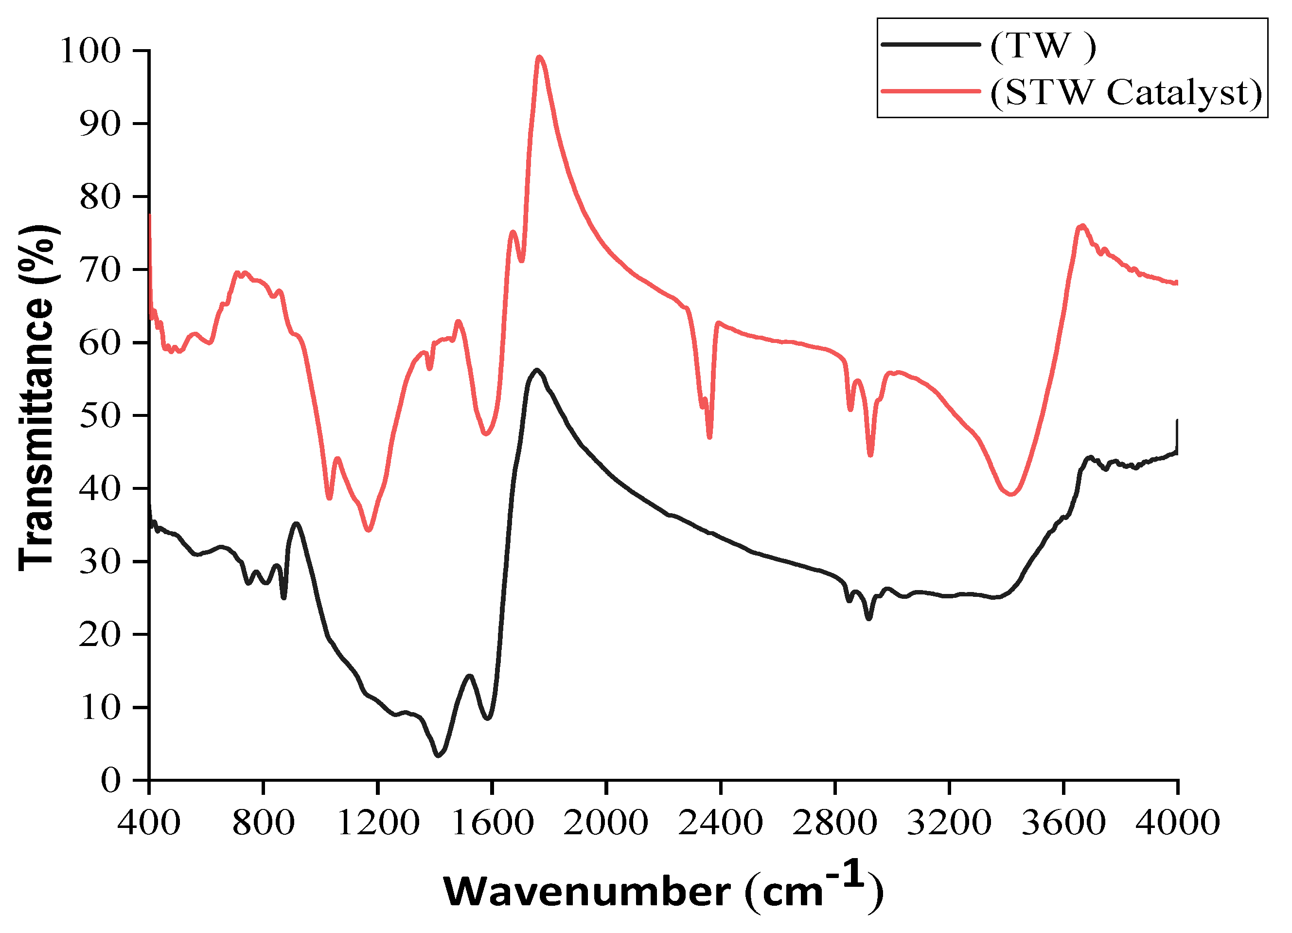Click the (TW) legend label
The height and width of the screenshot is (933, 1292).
pyautogui.click(x=1043, y=46)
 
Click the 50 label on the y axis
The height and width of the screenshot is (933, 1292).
pyautogui.click(x=100, y=415)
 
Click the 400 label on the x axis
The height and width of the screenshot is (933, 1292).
pyautogui.click(x=149, y=823)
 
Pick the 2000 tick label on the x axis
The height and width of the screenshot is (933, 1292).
pyautogui.click(x=606, y=823)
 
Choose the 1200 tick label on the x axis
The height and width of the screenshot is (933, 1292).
pyautogui.click(x=378, y=823)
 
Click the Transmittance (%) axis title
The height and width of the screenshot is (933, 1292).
pyautogui.click(x=37, y=398)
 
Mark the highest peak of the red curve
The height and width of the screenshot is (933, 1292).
pyautogui.click(x=539, y=57)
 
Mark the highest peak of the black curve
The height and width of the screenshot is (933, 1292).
pyautogui.click(x=536, y=370)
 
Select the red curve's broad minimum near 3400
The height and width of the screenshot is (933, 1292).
pyautogui.click(x=1010, y=494)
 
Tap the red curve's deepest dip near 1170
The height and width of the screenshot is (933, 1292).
pyautogui.click(x=369, y=530)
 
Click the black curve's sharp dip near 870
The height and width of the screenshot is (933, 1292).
pyautogui.click(x=283, y=597)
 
